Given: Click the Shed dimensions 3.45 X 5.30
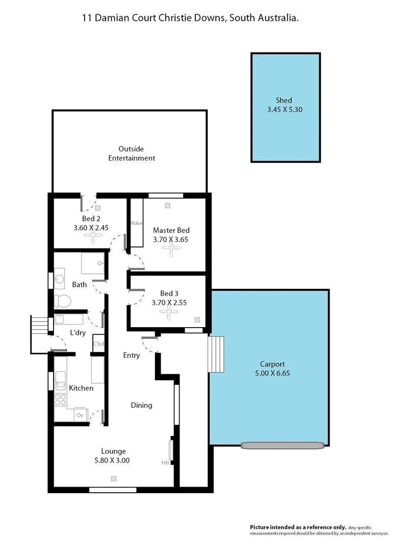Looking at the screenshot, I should click(x=285, y=109).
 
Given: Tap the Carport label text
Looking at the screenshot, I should click(x=272, y=364).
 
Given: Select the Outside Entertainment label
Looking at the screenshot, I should click(x=131, y=153).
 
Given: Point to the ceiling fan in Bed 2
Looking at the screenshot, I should click(x=94, y=237).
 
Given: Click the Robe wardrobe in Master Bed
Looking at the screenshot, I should click(x=136, y=223).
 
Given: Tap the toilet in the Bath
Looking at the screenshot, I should click(x=61, y=300).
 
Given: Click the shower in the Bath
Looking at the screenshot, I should click(x=93, y=264).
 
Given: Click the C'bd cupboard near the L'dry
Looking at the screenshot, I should click(x=98, y=344).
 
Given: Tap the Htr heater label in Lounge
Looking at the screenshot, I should click(x=165, y=463).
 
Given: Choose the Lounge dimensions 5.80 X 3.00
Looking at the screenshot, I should click(x=113, y=460).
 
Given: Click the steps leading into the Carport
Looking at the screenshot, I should click(x=217, y=354).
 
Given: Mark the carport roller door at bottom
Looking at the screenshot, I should click(x=283, y=445).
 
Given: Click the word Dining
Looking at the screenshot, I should click(x=141, y=405).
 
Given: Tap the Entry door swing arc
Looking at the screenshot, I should click(x=149, y=347).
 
